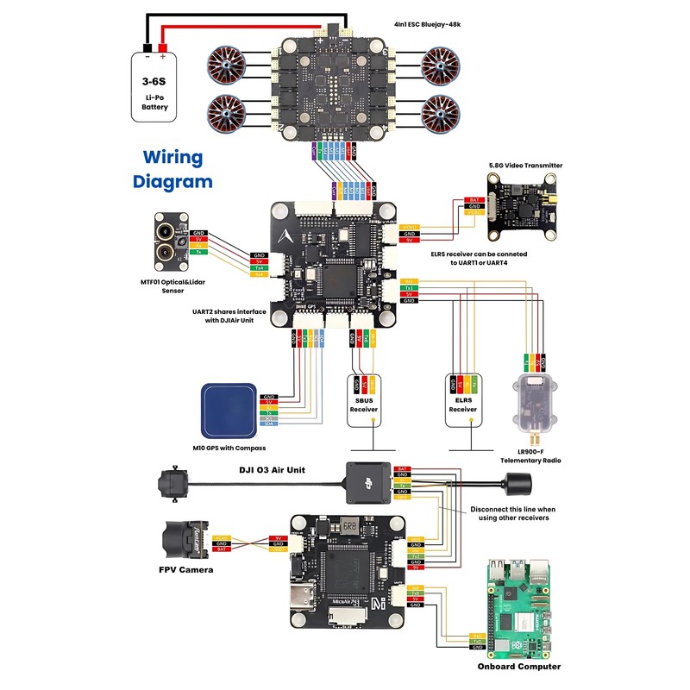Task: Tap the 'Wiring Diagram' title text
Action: point(172,170)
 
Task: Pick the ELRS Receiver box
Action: point(462,402)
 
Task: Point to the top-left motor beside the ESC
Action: point(229,65)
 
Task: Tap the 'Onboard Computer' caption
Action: point(519,666)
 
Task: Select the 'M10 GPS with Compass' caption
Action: point(229,448)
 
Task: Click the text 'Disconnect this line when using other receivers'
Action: point(512,515)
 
